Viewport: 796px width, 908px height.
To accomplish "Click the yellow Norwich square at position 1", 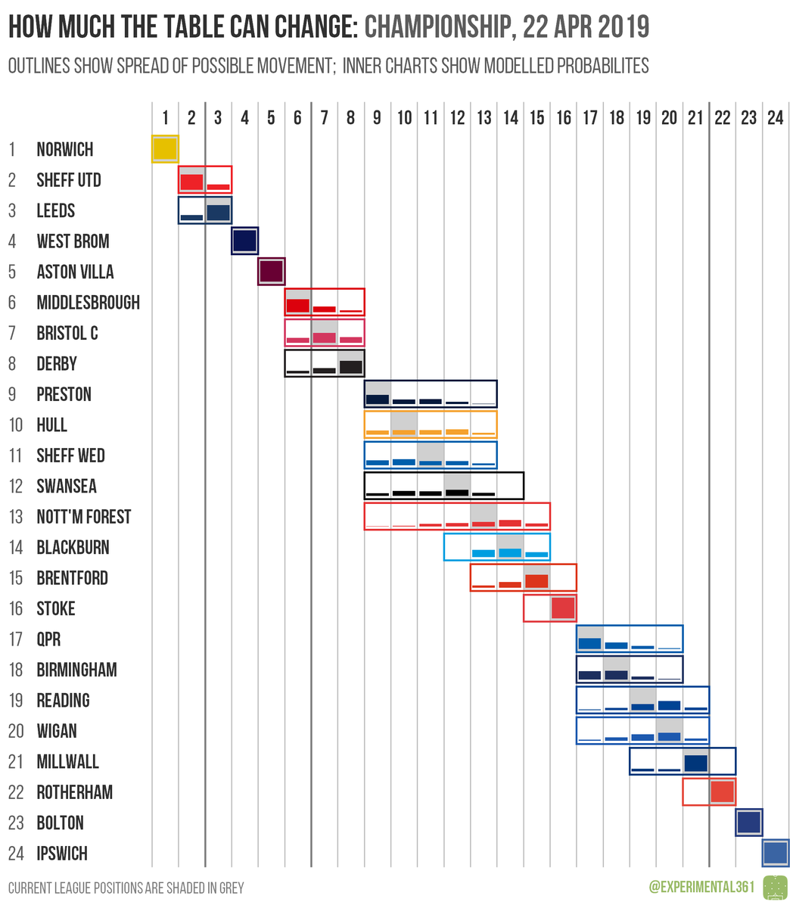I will pos(165,149).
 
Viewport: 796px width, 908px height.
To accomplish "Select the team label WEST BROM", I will pos(73,241).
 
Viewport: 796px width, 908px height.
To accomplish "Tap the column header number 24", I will pos(775,117).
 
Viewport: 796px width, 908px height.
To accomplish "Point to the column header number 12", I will pos(457,117).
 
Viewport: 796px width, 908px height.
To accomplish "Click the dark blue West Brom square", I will pos(244,241).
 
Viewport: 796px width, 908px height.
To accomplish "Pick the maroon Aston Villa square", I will pos(271,272).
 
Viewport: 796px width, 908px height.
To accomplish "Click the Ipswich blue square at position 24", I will pos(775,854).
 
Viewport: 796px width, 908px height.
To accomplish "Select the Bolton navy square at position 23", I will pos(748,822).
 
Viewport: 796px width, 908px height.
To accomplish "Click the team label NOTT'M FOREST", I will pos(83,517).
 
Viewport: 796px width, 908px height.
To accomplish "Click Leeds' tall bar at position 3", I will pos(218,213).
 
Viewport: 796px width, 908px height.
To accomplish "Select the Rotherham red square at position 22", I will pos(722,792).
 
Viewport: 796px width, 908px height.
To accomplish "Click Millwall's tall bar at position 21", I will pos(695,763).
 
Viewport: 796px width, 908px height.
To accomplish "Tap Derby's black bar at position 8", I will pos(351,367).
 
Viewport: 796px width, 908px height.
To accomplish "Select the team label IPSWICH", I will pos(62,854).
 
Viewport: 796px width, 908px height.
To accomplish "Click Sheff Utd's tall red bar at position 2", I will pos(191,182).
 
